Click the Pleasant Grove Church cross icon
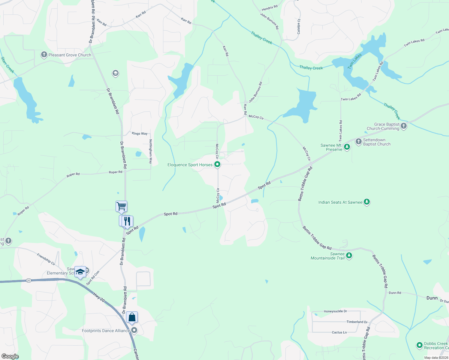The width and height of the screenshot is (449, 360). click(x=44, y=55)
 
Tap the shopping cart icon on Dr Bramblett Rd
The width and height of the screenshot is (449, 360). click(x=121, y=206)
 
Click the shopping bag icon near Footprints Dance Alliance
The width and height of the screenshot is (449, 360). click(x=132, y=317)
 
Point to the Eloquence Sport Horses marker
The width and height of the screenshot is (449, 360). click(x=217, y=164)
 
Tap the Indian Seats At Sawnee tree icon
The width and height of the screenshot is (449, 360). click(x=366, y=202)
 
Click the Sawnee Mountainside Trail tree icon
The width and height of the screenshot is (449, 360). click(x=349, y=256)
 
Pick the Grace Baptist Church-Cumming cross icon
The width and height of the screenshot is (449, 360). click(x=404, y=126)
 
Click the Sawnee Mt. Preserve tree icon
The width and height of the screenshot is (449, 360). click(x=347, y=147)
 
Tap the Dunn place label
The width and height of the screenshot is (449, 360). click(x=432, y=298)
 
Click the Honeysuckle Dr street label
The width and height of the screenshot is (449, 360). click(x=335, y=311)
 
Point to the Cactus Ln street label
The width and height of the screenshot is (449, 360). click(x=339, y=332)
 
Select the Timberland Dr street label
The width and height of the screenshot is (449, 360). click(x=357, y=322)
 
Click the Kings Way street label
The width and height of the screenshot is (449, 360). click(x=140, y=133)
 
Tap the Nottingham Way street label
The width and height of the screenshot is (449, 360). click(x=151, y=151)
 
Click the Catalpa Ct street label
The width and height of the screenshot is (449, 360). click(x=299, y=26)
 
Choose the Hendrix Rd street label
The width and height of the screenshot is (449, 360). click(x=270, y=7)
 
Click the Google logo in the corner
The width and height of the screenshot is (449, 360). click(x=10, y=356)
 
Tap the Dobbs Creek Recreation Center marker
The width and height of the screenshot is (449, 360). click(x=420, y=345)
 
